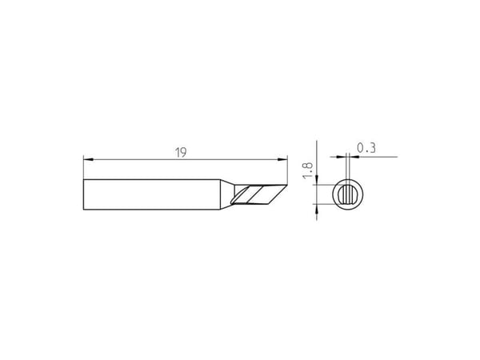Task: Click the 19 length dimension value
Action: pos(181,153)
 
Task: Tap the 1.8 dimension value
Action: pos(308,170)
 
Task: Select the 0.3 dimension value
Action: pos(366,148)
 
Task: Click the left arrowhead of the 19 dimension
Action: pos(88,159)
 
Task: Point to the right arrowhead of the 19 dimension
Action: pos(282,159)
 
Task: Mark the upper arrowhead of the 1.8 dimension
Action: pos(317,180)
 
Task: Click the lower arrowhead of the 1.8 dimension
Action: pos(317,209)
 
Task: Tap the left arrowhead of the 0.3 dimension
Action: pos(341,157)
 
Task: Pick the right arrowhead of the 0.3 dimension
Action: pos(354,157)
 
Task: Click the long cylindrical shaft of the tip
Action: pos(152,194)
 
